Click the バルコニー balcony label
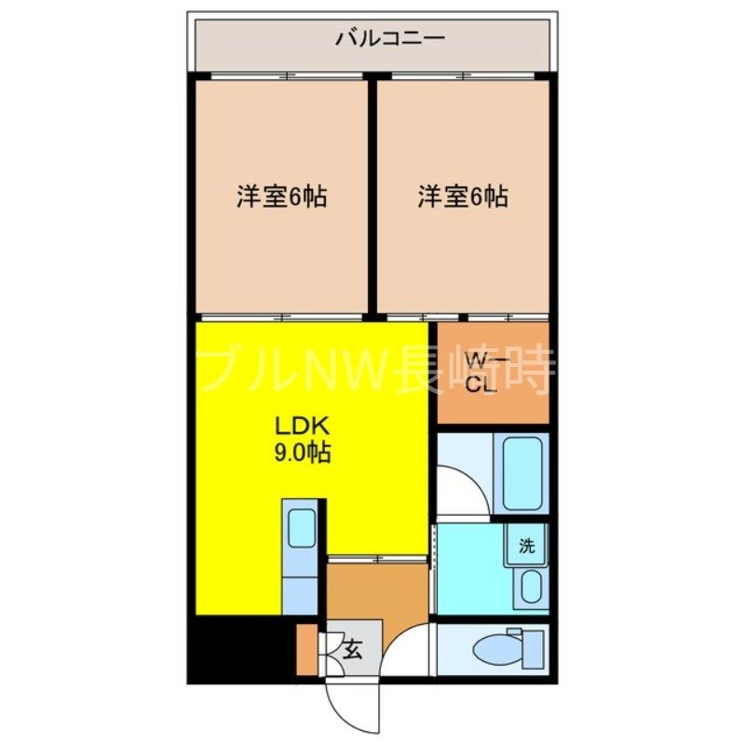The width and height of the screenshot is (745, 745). pos(376,39)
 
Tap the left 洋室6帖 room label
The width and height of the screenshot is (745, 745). pos(281,197)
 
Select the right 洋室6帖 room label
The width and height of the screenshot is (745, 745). pos(463,197)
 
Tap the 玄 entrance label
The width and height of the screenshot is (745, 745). pos(354,648)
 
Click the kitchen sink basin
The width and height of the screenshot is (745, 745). pos(302,529)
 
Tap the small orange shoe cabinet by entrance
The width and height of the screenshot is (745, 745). pos(306,648)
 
